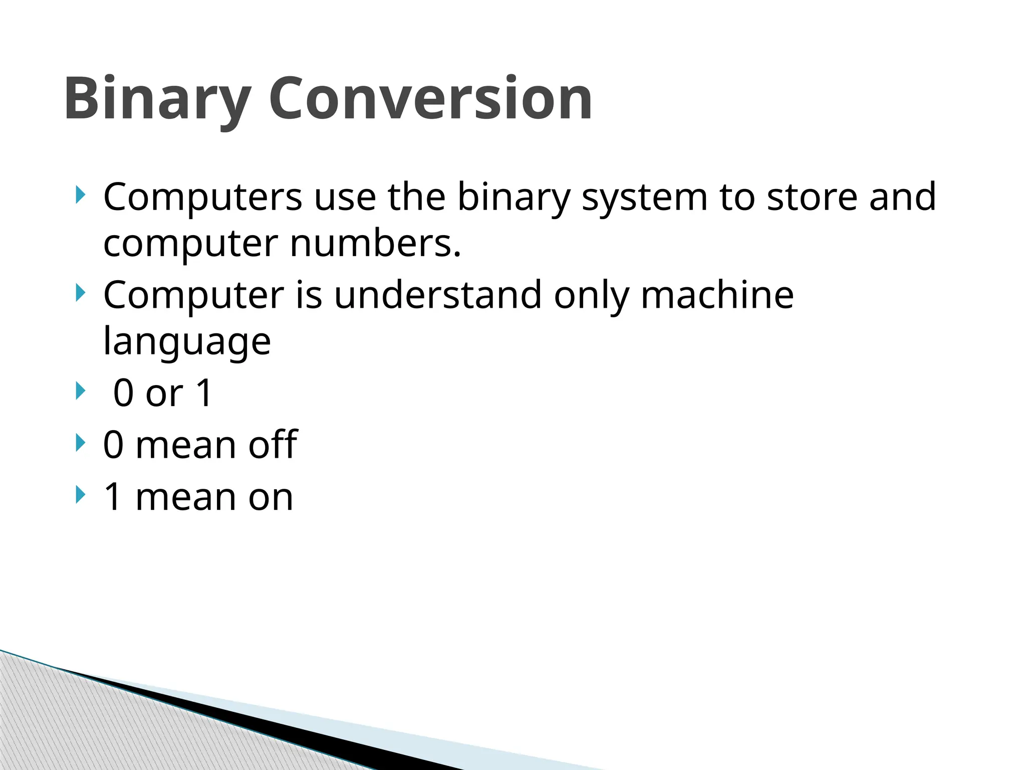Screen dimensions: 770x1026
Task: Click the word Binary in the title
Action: [x=157, y=99]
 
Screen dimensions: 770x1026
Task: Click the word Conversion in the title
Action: [x=430, y=98]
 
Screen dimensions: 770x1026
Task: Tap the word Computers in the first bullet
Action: [x=202, y=198]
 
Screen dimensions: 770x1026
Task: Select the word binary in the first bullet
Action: [x=514, y=198]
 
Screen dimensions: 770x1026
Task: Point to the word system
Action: [x=644, y=198]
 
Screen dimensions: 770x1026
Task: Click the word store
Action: [x=812, y=197]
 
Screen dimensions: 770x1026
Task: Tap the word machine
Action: [x=717, y=295]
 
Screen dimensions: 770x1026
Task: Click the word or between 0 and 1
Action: [x=164, y=393]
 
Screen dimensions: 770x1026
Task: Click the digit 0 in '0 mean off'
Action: [x=113, y=445]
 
